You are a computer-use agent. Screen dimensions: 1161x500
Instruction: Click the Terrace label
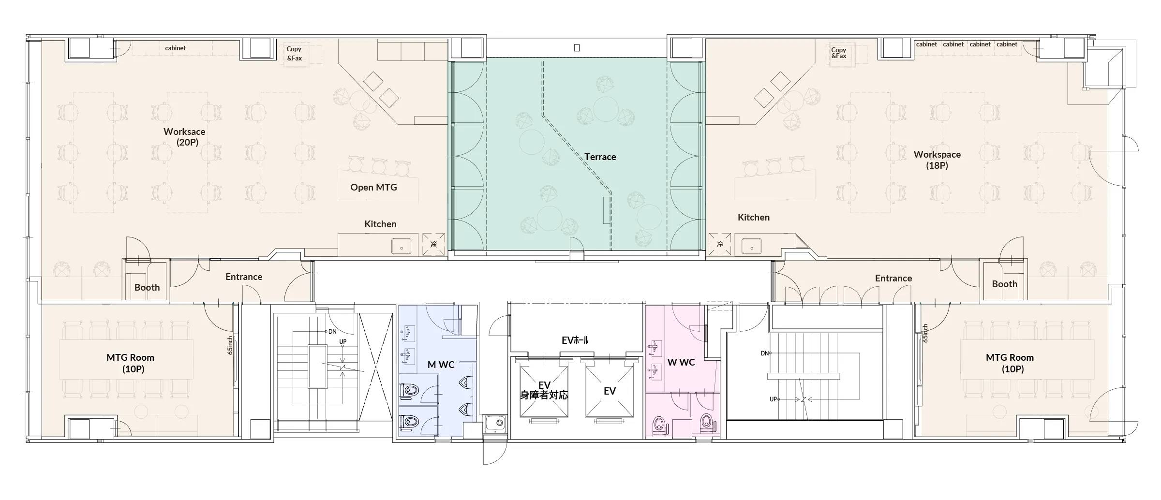click(600, 157)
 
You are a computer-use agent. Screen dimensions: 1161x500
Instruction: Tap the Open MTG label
click(373, 187)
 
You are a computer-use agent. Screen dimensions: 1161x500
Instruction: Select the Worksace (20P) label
click(184, 137)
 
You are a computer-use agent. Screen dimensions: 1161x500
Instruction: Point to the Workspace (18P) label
click(937, 160)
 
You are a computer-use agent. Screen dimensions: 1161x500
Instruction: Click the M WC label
click(441, 365)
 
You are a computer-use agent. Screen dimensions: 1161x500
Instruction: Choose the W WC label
click(681, 362)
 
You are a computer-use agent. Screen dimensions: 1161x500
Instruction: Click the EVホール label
click(575, 340)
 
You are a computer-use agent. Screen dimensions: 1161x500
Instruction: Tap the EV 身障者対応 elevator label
click(544, 390)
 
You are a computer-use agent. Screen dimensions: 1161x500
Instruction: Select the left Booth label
click(147, 287)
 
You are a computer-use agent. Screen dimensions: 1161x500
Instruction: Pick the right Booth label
click(1005, 284)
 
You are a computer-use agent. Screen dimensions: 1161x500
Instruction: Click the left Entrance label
click(244, 277)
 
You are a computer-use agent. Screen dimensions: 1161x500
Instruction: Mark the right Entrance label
click(893, 278)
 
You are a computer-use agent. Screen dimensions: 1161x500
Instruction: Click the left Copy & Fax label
click(294, 53)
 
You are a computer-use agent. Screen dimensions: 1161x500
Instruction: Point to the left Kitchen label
click(380, 224)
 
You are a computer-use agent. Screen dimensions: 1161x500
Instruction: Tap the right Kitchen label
click(754, 217)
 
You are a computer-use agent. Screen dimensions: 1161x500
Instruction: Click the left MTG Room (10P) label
click(131, 363)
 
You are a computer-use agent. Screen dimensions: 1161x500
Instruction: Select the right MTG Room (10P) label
click(1010, 363)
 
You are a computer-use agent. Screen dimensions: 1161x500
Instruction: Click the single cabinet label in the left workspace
click(175, 48)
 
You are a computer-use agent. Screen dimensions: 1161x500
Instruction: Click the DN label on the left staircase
click(332, 332)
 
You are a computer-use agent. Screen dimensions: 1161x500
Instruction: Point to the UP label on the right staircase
click(774, 399)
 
